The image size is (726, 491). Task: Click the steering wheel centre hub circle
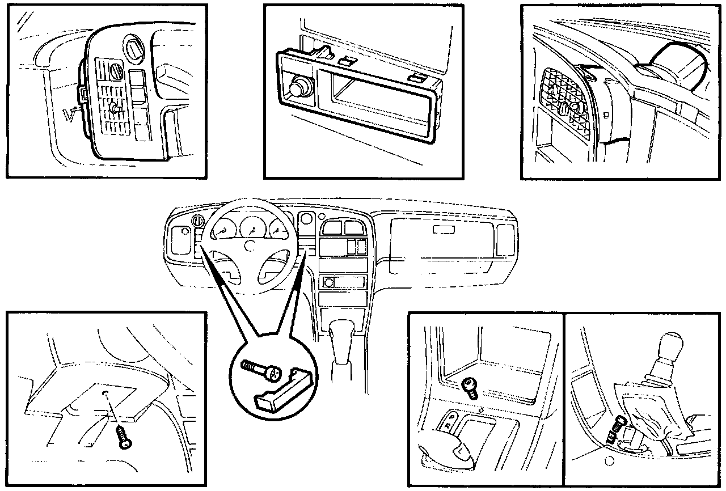(x=250, y=245)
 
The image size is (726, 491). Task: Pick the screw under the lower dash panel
(x=123, y=437)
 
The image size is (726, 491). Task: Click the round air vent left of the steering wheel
(x=200, y=221)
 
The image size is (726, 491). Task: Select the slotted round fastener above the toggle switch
(x=117, y=73)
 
